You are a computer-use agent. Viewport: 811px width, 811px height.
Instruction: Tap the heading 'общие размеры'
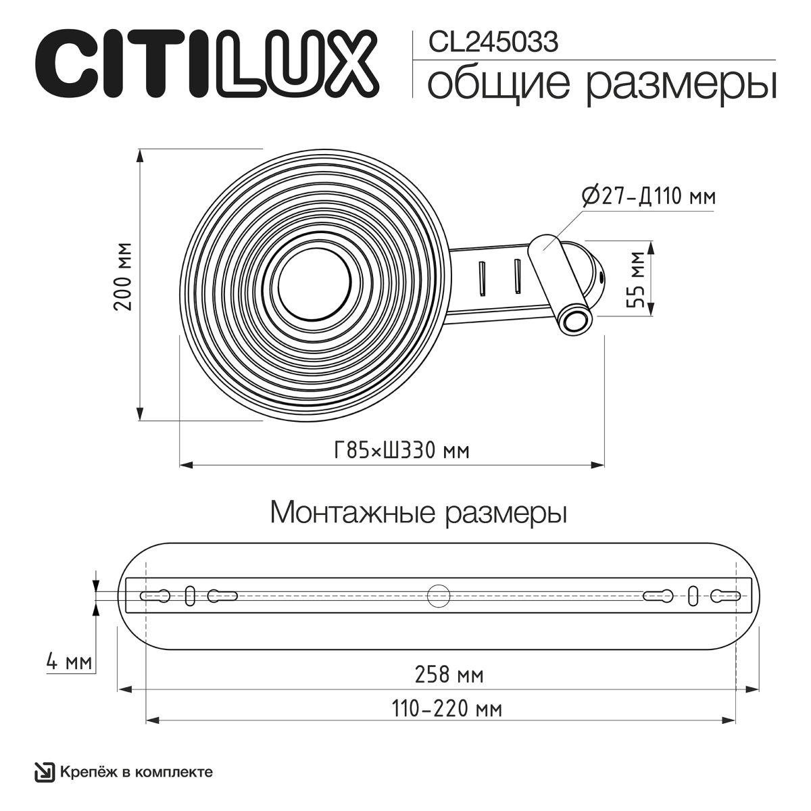pyautogui.click(x=601, y=85)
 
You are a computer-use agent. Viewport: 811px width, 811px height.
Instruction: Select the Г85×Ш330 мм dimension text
pyautogui.click(x=401, y=450)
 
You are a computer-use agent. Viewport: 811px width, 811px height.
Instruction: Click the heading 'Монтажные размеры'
pyautogui.click(x=418, y=513)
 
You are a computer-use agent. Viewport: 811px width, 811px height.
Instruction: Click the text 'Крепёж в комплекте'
pyautogui.click(x=137, y=772)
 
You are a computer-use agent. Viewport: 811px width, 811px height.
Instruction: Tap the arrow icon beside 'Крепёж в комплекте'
pyautogui.click(x=45, y=772)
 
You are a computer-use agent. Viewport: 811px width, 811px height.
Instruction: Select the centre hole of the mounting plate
pyautogui.click(x=439, y=595)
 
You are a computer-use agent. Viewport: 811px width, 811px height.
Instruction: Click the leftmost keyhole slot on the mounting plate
pyautogui.click(x=156, y=596)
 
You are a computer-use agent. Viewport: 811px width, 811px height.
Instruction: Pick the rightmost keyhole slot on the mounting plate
pyautogui.click(x=727, y=595)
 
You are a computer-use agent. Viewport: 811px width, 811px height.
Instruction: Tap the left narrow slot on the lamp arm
pyautogui.click(x=483, y=277)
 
